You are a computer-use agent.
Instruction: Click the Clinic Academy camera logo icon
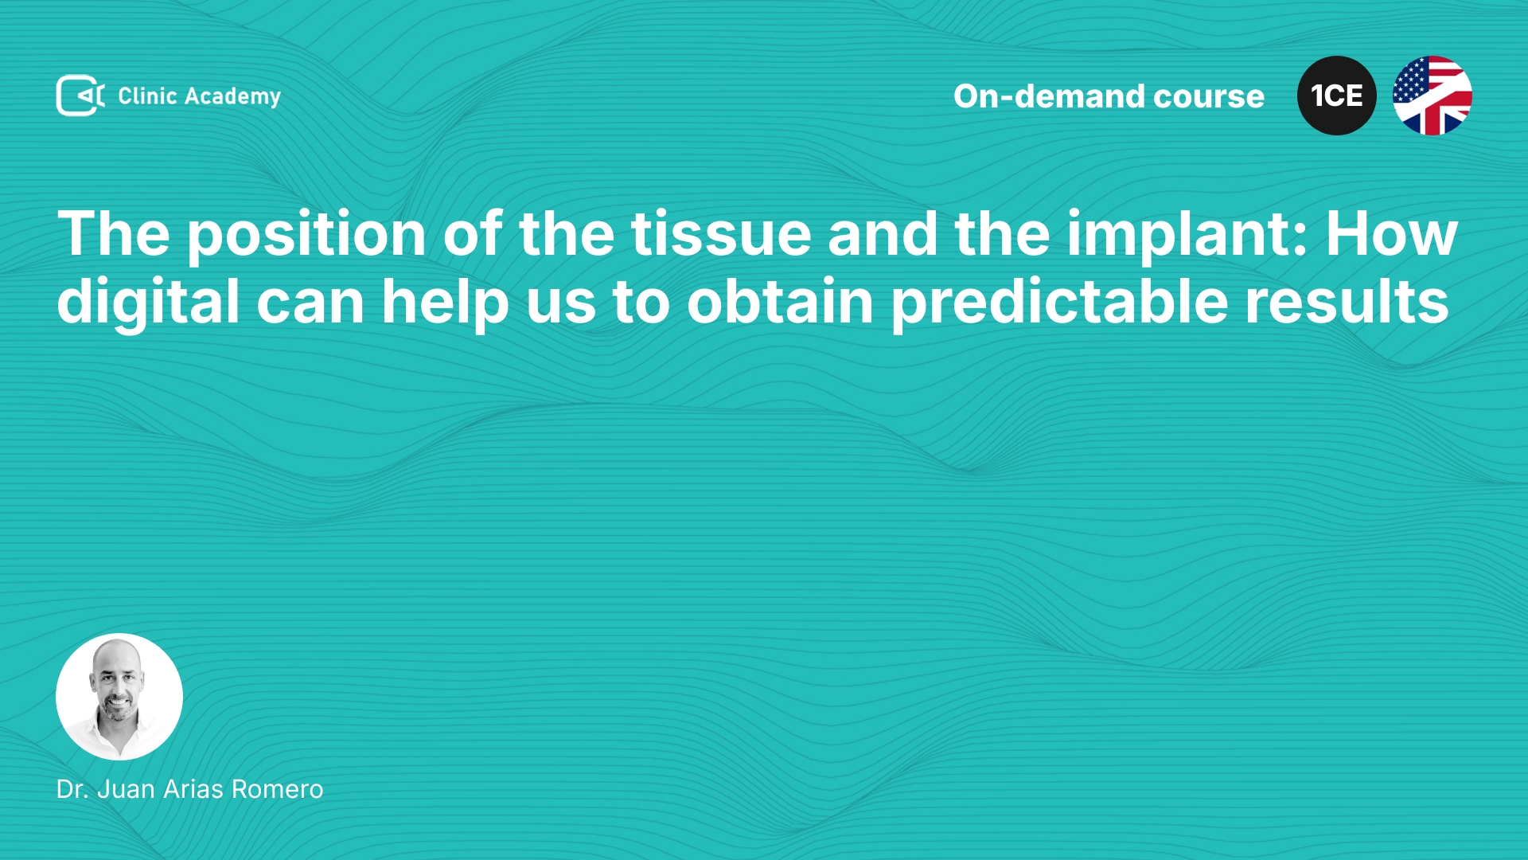point(80,96)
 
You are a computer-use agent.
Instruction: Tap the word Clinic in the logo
point(147,96)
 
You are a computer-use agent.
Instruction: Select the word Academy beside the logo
point(232,97)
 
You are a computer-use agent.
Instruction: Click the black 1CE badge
point(1337,96)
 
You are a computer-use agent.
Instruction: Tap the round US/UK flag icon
point(1432,96)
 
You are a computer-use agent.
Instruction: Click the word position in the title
point(306,236)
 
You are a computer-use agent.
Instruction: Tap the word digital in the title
point(148,303)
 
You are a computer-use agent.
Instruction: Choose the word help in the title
point(445,303)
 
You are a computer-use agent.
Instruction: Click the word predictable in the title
point(1059,303)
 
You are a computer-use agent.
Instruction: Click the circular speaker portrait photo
point(119,697)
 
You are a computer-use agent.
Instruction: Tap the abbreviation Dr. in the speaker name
point(72,789)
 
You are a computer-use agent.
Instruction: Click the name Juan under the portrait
point(126,789)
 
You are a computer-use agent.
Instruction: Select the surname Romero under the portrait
point(278,789)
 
